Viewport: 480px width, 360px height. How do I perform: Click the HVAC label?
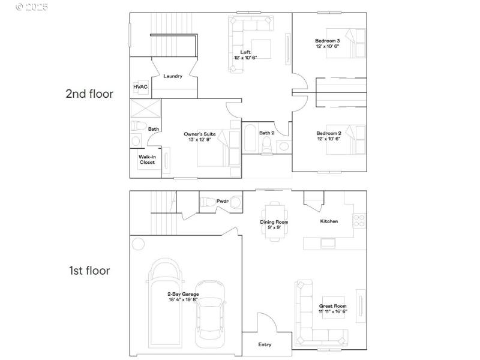coord(140,86)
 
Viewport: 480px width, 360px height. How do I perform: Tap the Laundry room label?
coord(173,76)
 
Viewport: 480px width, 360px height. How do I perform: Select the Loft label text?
coord(245,52)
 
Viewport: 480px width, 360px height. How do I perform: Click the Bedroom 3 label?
coord(328,41)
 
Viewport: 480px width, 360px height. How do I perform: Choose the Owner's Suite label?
coord(200,134)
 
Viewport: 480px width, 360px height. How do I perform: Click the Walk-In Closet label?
coord(147,160)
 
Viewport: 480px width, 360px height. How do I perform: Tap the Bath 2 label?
coord(267,133)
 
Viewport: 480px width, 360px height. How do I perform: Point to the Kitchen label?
coord(329,221)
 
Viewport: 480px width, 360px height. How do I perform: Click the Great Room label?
coord(332,306)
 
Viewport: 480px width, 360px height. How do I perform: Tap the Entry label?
coord(265,344)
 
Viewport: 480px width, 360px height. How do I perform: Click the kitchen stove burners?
coord(360,220)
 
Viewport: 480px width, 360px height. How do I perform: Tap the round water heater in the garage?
coord(139,244)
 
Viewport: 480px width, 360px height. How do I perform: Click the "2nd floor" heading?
coord(89,94)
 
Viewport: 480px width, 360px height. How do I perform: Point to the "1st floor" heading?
coord(89,271)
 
